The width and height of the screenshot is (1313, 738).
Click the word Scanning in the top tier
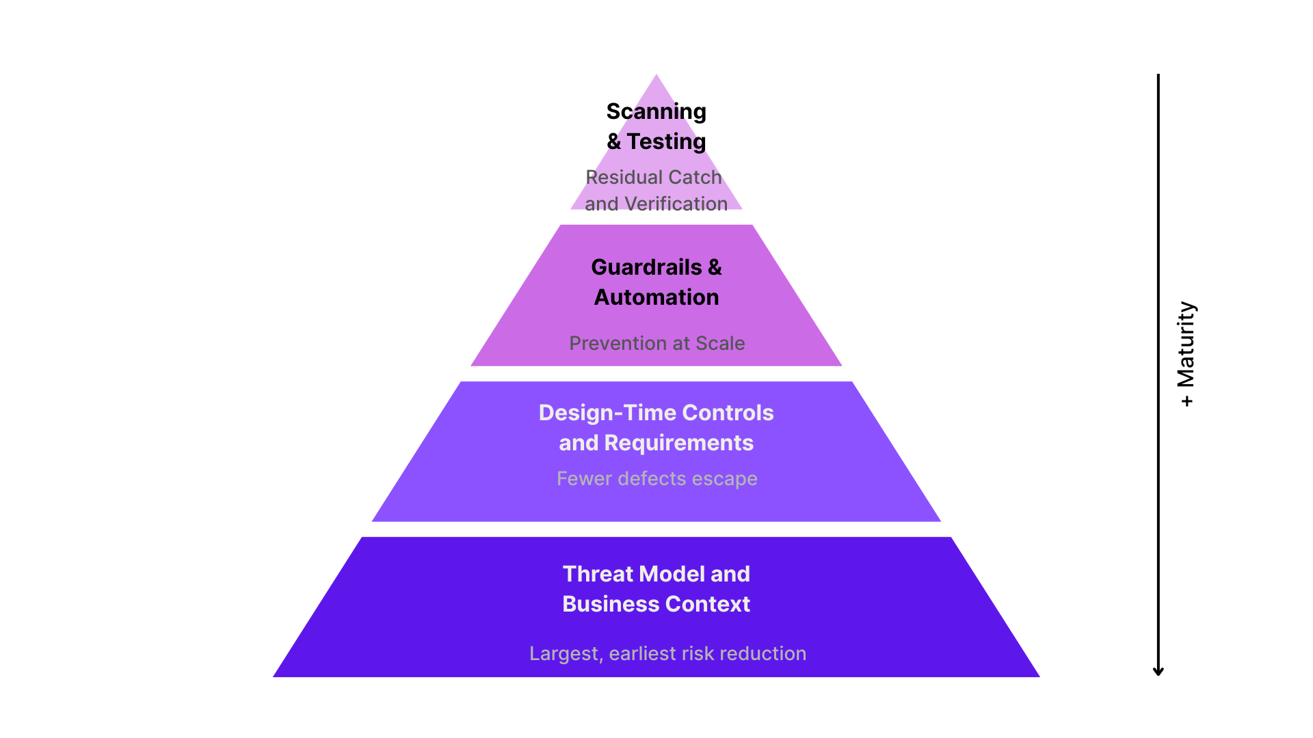[656, 111]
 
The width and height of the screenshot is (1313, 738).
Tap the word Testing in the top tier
[666, 141]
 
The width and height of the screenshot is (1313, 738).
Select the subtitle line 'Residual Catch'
[654, 178]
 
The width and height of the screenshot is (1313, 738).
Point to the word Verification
[676, 204]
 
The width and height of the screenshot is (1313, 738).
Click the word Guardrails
[646, 267]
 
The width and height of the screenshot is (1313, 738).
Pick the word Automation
[656, 297]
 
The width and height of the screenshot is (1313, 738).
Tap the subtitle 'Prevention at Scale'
[656, 343]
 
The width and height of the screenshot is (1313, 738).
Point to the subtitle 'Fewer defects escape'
[656, 478]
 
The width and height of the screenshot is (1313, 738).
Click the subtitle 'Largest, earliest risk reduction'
[667, 653]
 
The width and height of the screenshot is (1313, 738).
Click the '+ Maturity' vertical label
[1186, 354]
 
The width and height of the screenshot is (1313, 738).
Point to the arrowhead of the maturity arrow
[1158, 672]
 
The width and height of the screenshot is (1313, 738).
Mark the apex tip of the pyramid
[656, 76]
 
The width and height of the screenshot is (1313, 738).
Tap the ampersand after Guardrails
[715, 267]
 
